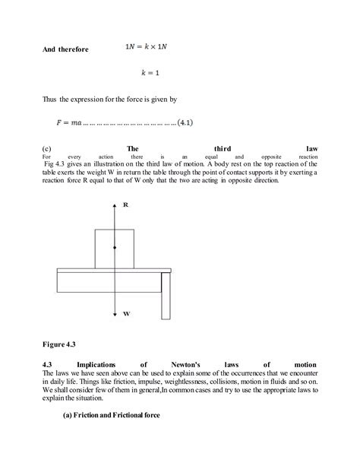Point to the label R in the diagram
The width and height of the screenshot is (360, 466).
tap(125, 205)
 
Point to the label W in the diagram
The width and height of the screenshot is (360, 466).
tap(125, 312)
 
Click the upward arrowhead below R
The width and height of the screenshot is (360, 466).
tap(115, 207)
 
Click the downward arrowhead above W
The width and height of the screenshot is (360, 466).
tap(115, 313)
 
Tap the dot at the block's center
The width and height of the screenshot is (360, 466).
tap(115, 247)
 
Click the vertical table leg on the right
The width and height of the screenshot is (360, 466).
tap(166, 296)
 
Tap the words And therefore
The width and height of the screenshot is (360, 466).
tap(65, 49)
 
